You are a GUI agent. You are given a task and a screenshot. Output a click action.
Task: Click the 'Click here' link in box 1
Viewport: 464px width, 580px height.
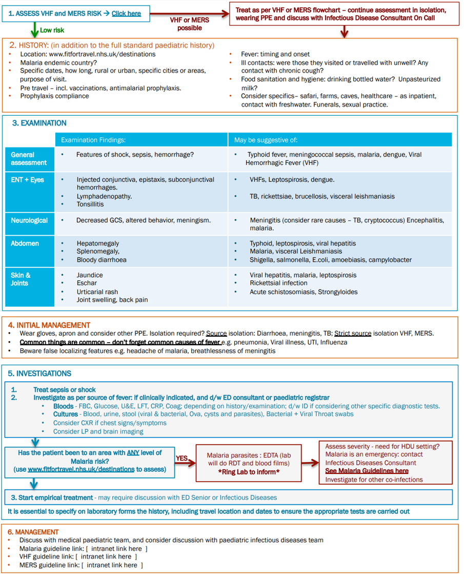point(126,13)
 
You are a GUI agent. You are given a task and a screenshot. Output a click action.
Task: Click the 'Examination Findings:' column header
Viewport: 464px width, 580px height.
point(93,140)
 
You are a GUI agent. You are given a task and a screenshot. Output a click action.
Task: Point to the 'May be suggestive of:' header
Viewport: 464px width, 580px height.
point(266,140)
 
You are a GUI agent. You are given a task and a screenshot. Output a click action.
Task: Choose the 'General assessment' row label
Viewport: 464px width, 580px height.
point(29,159)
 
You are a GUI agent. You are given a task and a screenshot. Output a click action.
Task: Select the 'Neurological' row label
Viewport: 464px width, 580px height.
point(29,220)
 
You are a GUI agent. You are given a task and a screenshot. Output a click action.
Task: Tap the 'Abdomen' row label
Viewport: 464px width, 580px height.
point(25,243)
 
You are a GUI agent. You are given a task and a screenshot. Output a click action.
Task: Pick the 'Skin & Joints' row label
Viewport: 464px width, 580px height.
point(21,279)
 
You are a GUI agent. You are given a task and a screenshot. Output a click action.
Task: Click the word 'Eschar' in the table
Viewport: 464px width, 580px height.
point(87,283)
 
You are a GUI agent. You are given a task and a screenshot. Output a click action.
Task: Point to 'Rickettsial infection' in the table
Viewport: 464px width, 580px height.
point(278,283)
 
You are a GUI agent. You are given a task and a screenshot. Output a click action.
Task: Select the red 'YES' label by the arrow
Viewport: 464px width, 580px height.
point(181,459)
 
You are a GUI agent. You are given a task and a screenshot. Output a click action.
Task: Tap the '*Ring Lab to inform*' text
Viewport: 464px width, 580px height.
point(249,472)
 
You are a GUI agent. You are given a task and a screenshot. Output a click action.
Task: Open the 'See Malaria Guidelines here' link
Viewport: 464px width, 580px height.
point(367,471)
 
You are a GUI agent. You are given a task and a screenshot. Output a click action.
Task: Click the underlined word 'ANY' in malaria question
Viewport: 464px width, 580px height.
point(133,453)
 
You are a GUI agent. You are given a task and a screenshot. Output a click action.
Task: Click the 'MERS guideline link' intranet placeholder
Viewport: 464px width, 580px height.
point(112,565)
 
